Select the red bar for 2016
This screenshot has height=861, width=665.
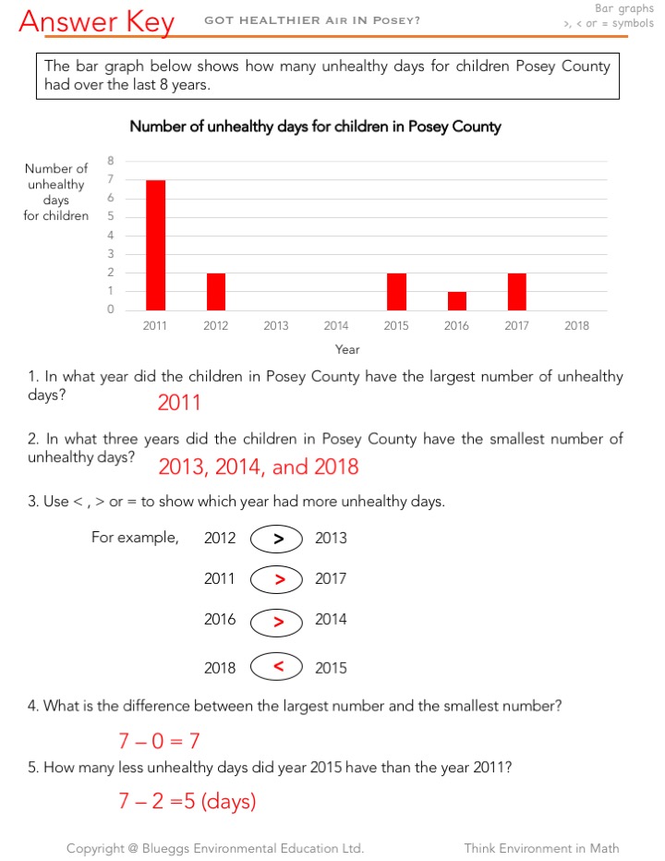point(456,301)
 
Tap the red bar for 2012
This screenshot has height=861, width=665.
point(215,291)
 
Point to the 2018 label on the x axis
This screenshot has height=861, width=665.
point(576,325)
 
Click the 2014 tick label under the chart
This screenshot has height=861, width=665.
point(336,325)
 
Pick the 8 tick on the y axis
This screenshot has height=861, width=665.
point(111,160)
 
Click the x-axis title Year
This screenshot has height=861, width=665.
point(347,349)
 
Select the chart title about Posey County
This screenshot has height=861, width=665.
point(315,127)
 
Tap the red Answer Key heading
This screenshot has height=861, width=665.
point(96,22)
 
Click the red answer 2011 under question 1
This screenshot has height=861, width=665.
point(178,402)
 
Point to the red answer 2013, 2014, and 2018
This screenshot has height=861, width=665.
point(258,467)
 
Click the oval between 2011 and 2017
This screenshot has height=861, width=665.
point(276,579)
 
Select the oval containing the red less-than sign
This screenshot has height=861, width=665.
point(276,666)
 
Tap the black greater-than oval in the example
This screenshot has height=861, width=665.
point(276,539)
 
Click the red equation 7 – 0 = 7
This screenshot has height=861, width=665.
point(159,740)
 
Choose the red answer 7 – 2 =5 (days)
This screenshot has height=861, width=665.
point(186,801)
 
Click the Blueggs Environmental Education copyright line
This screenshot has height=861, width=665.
point(215,848)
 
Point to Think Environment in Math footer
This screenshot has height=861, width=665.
point(541,848)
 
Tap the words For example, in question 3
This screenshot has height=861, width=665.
point(135,538)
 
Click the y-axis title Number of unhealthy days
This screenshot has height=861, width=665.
point(56,192)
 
